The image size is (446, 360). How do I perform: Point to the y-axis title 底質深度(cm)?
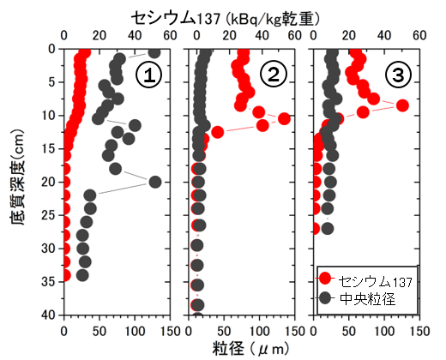pos(18,182)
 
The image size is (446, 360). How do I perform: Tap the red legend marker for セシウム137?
pos(326,279)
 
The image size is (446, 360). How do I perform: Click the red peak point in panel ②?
pos(284,118)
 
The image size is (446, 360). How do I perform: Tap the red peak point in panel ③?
pos(402,105)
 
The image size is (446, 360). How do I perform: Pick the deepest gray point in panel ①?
pos(83,275)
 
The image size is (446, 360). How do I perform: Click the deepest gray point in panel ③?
pos(327,228)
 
